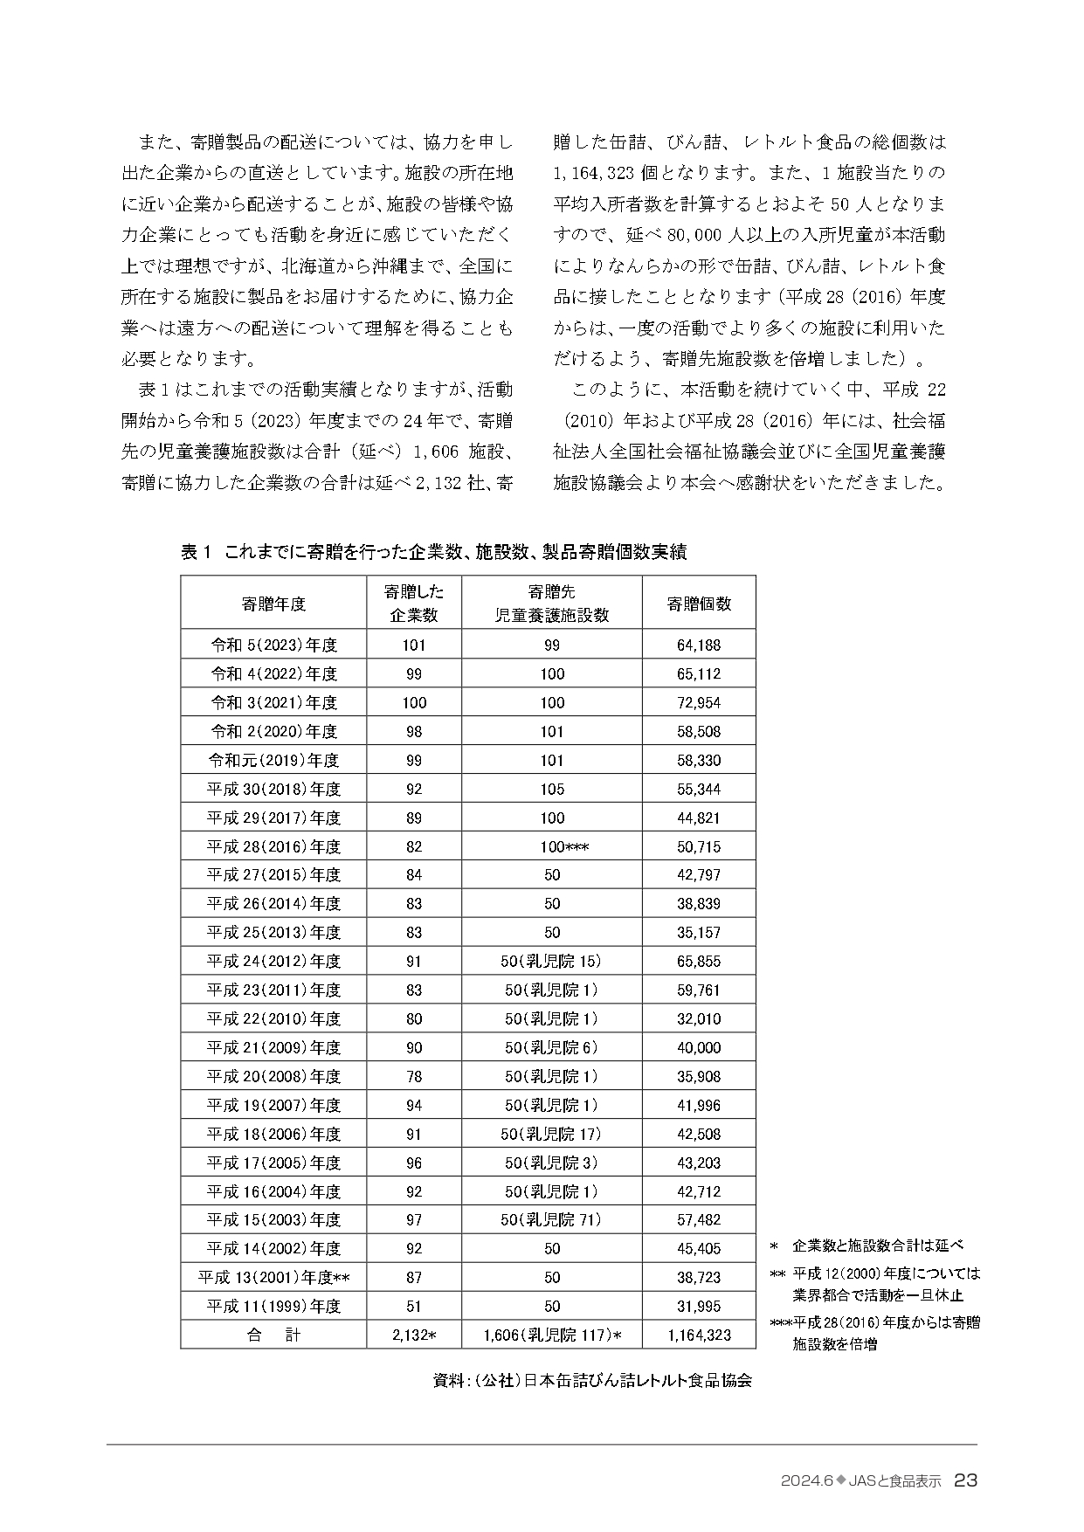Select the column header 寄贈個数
[699, 604]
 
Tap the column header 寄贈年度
[273, 604]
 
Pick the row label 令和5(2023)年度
[273, 645]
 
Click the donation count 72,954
[699, 703]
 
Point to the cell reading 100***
[552, 846]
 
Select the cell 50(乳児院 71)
[552, 1220]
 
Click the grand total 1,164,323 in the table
[699, 1335]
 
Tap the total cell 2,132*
[414, 1335]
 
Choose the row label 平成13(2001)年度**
[273, 1278]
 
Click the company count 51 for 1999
[414, 1307]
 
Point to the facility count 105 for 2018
[552, 790]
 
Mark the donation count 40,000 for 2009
[699, 1048]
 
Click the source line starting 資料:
[592, 1381]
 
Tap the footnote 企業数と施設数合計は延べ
[877, 1246]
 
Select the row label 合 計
[273, 1335]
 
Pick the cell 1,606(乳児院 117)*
[552, 1335]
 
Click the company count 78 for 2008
[414, 1077]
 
